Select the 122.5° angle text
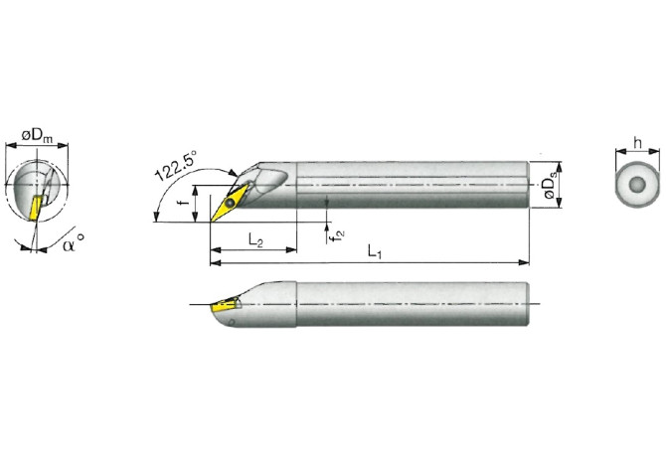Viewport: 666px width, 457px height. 177,164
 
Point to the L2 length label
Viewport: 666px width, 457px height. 253,240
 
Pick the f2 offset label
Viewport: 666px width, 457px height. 338,232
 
